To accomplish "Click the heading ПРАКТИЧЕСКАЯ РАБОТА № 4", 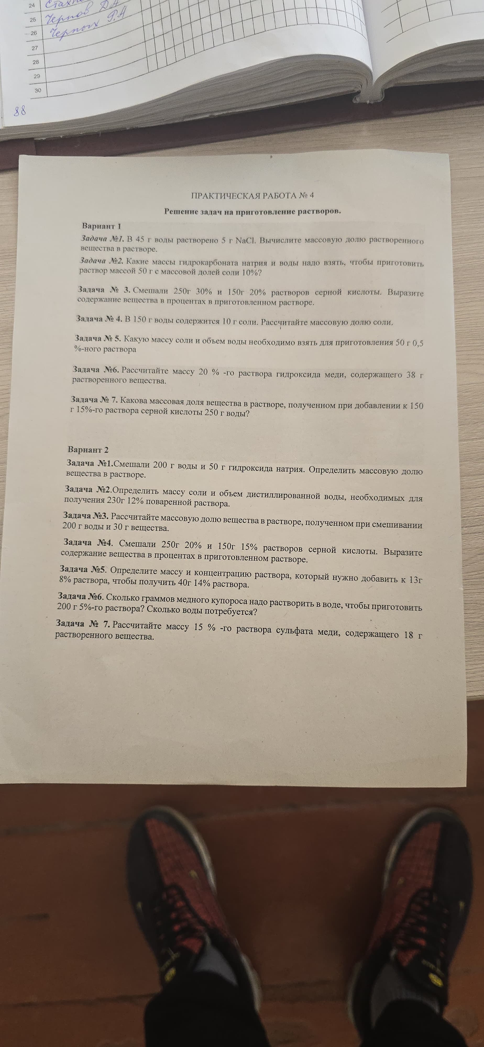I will tap(252, 196).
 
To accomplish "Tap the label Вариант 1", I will tap(102, 226).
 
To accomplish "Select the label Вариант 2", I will tap(88, 449).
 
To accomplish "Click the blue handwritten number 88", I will tap(20, 110).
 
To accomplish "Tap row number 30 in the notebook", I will tap(38, 90).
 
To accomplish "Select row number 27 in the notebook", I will tap(35, 48).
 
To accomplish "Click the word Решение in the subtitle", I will tap(182, 211).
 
